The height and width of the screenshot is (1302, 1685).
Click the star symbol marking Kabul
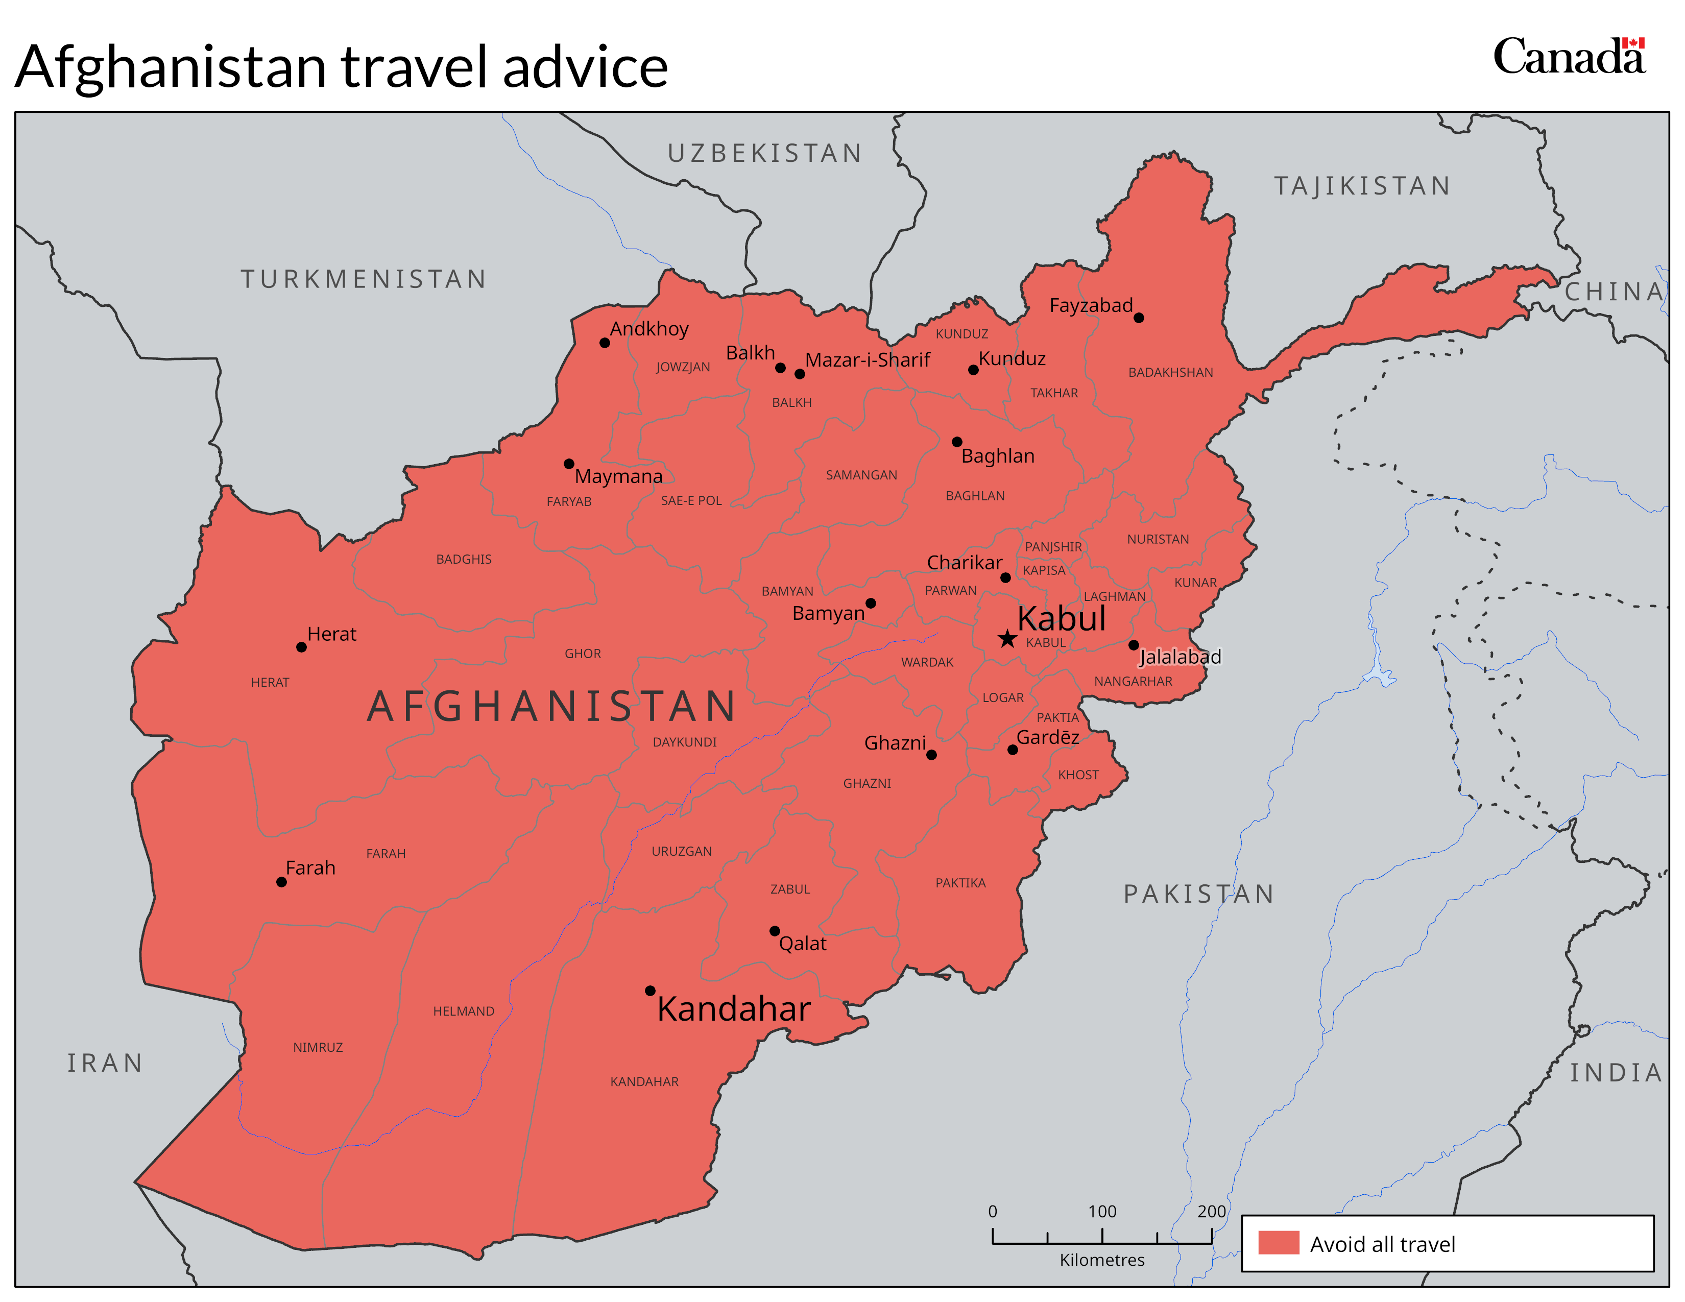(1007, 639)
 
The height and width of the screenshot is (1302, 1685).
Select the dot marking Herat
(302, 647)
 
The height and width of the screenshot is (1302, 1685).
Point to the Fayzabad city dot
(1138, 318)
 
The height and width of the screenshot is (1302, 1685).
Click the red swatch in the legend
(1279, 1243)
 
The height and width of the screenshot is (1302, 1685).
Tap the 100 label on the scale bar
(1102, 1211)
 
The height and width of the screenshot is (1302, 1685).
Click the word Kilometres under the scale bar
(1102, 1260)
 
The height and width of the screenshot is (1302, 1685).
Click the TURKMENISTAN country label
(364, 279)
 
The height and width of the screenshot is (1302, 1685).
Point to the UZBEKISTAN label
(764, 154)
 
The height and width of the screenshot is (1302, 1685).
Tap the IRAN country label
(105, 1063)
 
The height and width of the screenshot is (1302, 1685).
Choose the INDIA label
(1616, 1073)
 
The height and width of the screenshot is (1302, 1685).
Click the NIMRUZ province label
(318, 1047)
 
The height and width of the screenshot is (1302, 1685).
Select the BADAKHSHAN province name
(1170, 373)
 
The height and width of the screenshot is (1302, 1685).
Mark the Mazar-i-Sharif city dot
(799, 374)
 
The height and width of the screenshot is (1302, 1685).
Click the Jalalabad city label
(1179, 657)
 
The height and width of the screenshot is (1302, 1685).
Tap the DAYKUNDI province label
(684, 742)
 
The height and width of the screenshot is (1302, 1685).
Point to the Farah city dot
(282, 882)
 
